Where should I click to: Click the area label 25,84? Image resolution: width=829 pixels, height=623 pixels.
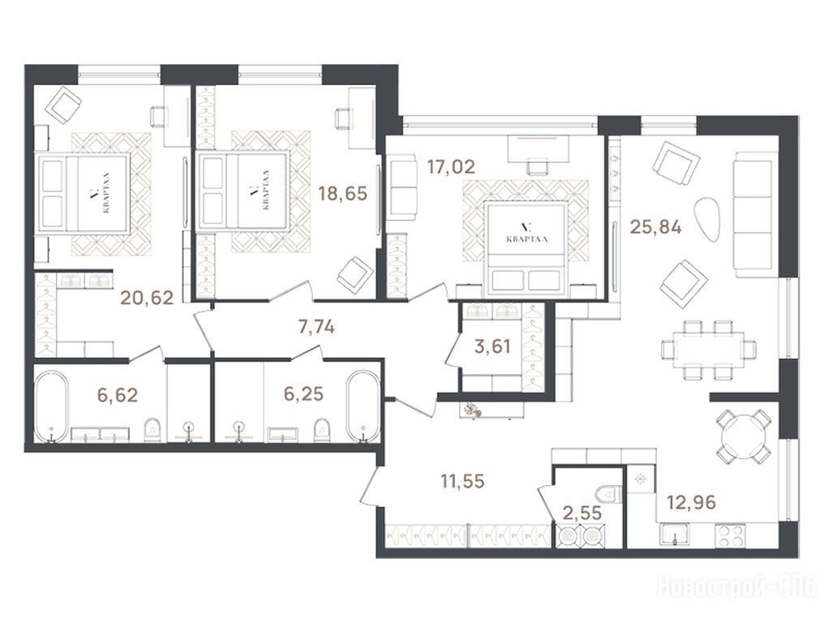(655, 227)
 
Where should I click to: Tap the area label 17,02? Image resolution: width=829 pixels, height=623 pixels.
(451, 167)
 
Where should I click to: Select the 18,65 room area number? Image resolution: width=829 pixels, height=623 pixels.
(342, 193)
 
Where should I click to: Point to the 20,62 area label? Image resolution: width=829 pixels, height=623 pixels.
(147, 299)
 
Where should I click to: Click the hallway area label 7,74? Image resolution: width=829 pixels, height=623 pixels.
(316, 328)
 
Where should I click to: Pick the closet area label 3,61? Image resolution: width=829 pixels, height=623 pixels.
(492, 347)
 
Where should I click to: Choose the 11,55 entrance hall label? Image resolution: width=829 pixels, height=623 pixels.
(462, 481)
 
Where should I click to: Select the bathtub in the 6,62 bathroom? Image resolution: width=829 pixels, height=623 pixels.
(51, 406)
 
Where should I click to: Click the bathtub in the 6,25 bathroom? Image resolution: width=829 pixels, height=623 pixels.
(363, 406)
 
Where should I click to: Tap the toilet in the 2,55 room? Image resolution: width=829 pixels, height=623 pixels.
(608, 494)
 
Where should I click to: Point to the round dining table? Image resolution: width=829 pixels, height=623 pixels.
(742, 432)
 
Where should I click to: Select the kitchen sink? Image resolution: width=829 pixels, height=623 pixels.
(674, 534)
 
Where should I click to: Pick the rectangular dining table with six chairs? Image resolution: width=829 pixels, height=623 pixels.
(709, 349)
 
